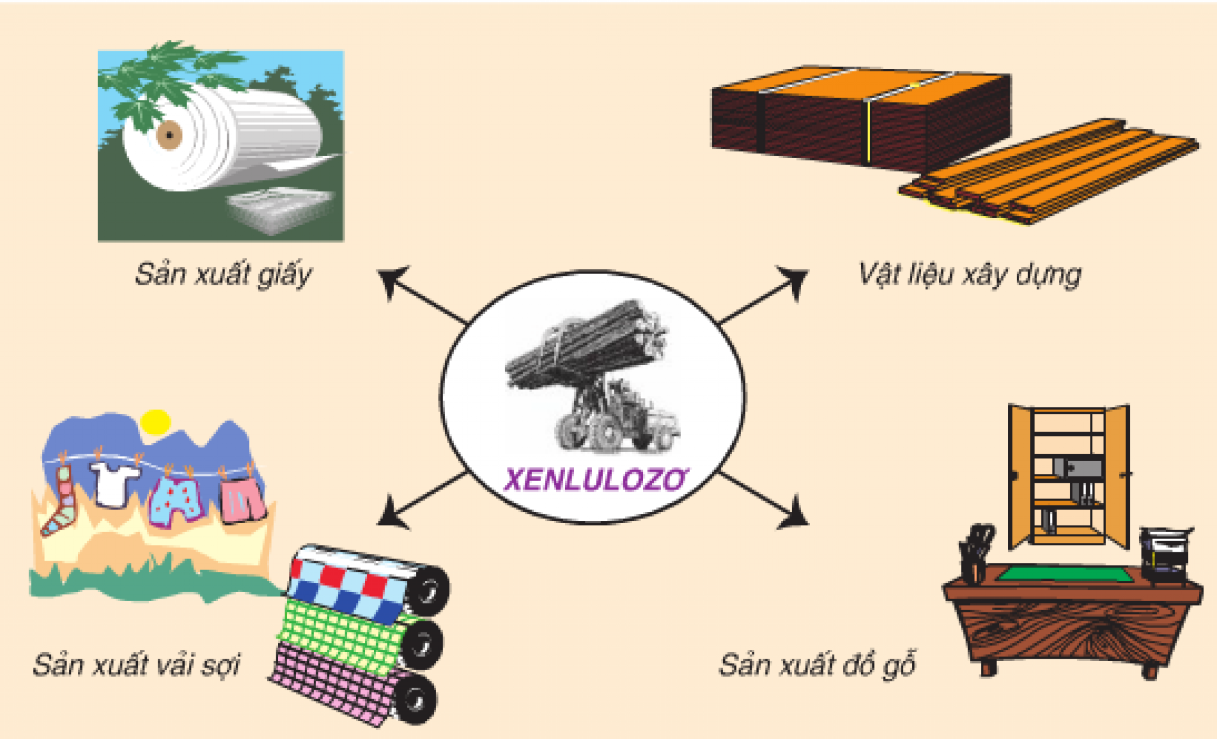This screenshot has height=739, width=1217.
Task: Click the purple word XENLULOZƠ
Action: [594, 480]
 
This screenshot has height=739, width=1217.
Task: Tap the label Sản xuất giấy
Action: [223, 275]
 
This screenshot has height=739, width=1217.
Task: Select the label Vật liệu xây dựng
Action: [969, 275]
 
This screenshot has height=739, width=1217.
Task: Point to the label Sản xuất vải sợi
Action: [136, 665]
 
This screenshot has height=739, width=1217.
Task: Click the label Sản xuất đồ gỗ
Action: [817, 665]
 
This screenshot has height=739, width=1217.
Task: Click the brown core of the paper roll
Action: [169, 135]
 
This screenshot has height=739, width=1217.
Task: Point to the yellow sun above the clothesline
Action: [156, 422]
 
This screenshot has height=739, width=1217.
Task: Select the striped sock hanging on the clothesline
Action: [59, 502]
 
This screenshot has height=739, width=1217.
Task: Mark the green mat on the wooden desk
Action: [1064, 574]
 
